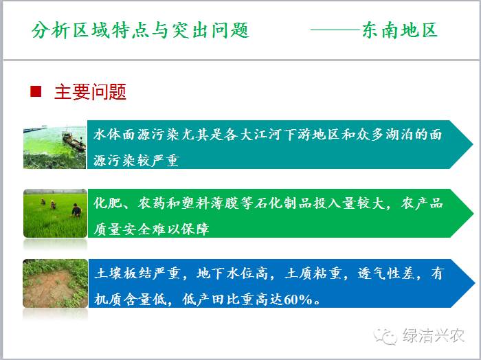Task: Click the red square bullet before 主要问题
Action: [x=36, y=91]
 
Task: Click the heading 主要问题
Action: [x=90, y=91]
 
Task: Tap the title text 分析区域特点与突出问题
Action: [x=140, y=30]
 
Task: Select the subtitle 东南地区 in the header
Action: [x=400, y=30]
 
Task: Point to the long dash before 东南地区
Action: [x=336, y=30]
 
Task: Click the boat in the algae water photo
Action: [x=74, y=142]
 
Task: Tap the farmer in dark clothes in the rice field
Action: [x=76, y=210]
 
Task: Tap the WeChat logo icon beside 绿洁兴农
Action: [x=385, y=336]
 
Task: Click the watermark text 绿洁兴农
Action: [x=434, y=335]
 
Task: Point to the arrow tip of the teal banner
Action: [x=473, y=144]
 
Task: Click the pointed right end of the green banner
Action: [x=473, y=213]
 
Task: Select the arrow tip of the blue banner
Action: [x=474, y=283]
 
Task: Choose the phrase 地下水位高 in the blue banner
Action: [x=232, y=273]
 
